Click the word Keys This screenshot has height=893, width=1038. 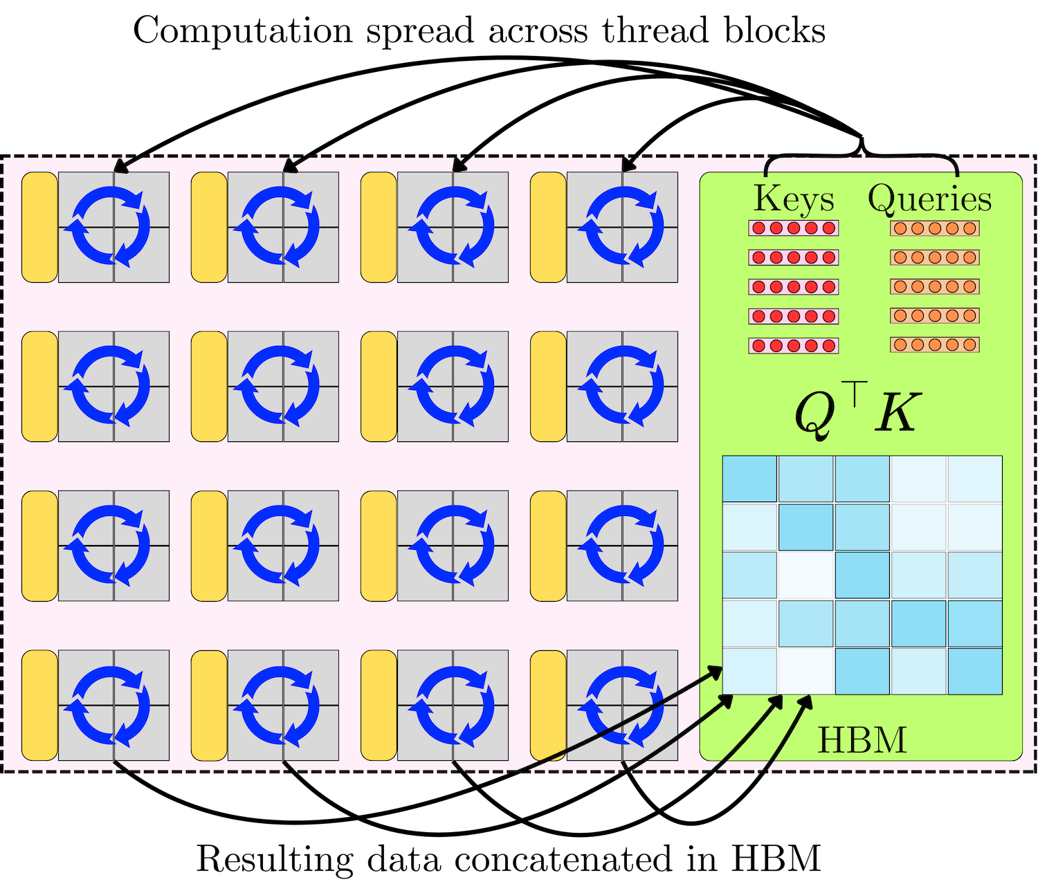tap(794, 199)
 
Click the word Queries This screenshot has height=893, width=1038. tap(929, 199)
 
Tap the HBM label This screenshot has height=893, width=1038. tap(862, 740)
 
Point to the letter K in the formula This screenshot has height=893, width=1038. tap(898, 413)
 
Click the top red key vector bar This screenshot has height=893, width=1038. tap(793, 228)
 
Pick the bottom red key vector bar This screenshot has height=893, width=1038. tap(793, 345)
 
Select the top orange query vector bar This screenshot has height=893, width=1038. tap(934, 228)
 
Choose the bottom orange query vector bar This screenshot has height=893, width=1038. tap(934, 344)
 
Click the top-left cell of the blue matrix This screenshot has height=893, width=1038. tap(749, 479)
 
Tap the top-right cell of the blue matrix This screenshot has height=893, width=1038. tap(975, 479)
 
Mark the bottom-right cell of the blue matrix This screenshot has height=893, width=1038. tap(975, 671)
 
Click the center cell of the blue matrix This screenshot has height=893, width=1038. tap(862, 575)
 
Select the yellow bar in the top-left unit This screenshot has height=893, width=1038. tap(39, 227)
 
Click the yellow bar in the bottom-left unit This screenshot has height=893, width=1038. tap(39, 705)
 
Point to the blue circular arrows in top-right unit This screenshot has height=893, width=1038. tap(621, 227)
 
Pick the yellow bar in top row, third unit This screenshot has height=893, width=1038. tap(379, 227)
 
